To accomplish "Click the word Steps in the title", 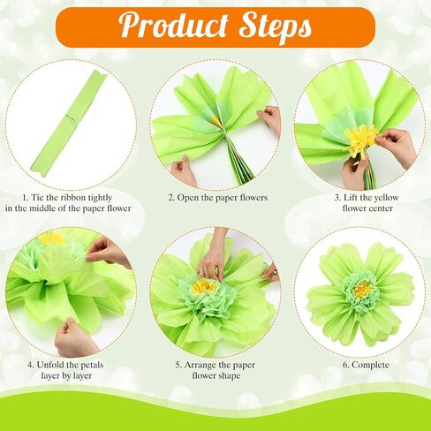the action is click(x=276, y=27).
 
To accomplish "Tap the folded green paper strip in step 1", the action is click(x=68, y=124).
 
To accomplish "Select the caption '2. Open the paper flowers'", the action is click(x=218, y=198).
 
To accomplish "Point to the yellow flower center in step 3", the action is click(x=361, y=138).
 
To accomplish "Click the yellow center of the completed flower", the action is click(x=362, y=289).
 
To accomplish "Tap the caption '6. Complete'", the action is click(x=366, y=365).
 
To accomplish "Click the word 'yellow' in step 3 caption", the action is click(x=385, y=198).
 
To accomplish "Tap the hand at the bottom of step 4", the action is click(x=74, y=338).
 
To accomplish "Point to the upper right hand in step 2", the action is click(x=269, y=118).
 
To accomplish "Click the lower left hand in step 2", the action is click(x=183, y=171).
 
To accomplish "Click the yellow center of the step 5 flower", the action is click(x=203, y=286).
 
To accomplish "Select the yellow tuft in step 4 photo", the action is click(x=54, y=238).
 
